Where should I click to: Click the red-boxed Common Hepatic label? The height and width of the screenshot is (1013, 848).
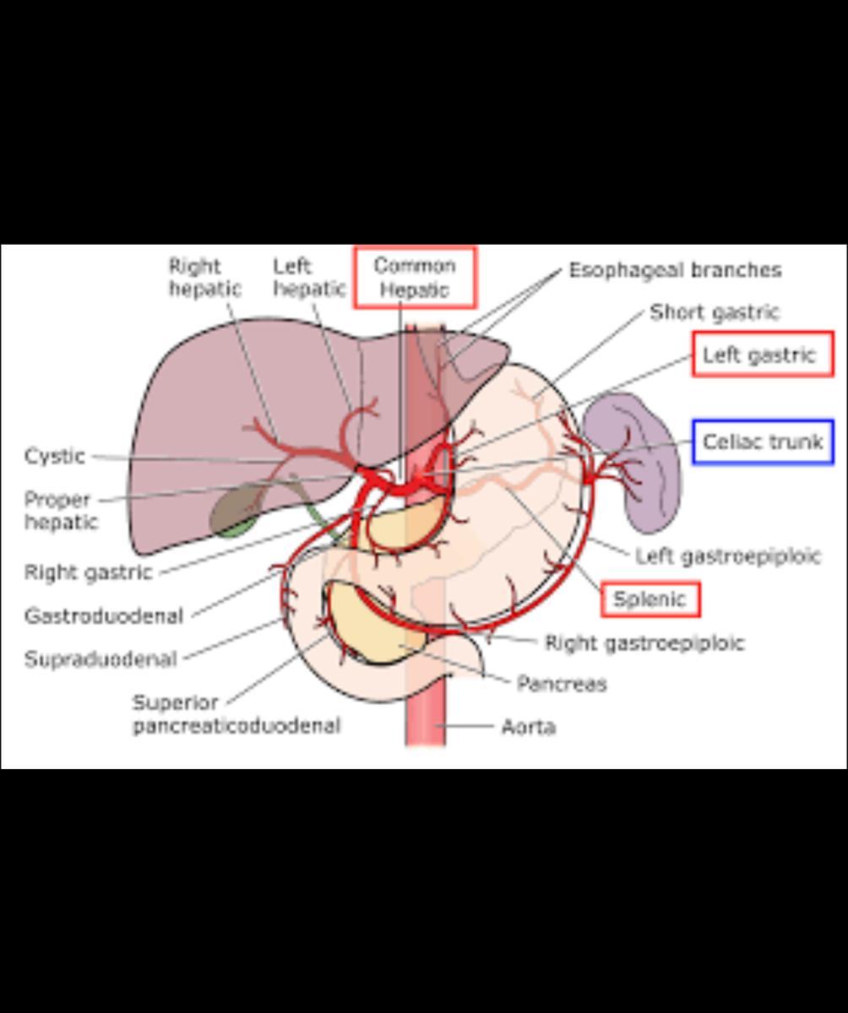tap(415, 278)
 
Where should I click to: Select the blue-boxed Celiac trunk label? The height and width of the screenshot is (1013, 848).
tap(763, 441)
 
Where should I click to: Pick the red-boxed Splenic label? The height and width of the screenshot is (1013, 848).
tap(650, 600)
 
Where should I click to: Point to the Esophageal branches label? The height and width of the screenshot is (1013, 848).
tap(675, 270)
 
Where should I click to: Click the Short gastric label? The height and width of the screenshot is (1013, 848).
tap(715, 312)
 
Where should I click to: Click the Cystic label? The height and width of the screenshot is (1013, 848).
tap(55, 457)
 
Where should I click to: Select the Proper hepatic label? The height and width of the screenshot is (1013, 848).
tap(59, 511)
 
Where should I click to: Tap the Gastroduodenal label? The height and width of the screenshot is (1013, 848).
tap(104, 616)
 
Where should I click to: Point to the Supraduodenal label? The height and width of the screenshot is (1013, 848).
tap(101, 659)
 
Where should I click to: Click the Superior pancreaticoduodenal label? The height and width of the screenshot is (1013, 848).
tap(236, 714)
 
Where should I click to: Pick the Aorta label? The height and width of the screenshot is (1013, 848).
tap(529, 727)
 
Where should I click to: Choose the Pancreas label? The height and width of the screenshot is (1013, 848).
tap(562, 684)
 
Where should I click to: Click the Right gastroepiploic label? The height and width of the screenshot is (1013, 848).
tap(644, 643)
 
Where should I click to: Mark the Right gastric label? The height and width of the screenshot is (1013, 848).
tap(89, 573)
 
